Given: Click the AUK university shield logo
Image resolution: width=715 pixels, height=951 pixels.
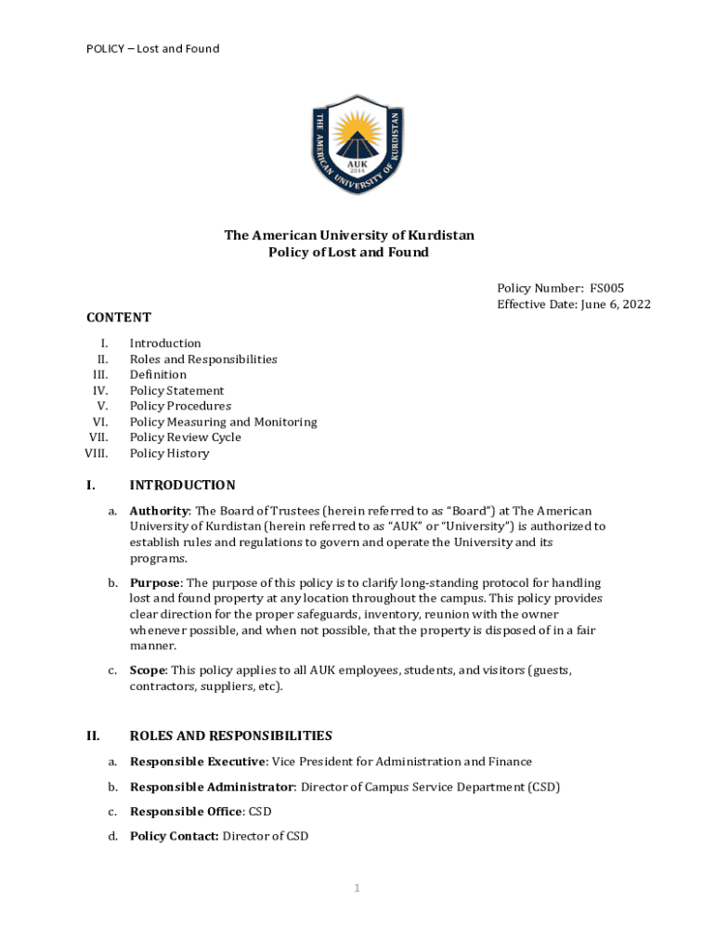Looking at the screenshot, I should [357, 144].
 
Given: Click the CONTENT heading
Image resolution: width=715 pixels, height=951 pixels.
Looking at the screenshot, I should [119, 318].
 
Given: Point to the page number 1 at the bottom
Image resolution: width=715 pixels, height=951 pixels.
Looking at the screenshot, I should [356, 889].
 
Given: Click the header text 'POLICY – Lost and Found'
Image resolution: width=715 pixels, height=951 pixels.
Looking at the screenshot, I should [152, 48].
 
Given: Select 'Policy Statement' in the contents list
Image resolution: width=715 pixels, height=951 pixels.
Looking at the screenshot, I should [176, 391].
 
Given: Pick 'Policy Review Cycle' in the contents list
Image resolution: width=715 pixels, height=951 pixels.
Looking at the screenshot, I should [185, 437].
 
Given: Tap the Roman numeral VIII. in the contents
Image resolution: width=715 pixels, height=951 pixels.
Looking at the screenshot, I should [96, 453].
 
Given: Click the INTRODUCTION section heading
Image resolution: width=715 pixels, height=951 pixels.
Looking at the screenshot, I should [182, 485].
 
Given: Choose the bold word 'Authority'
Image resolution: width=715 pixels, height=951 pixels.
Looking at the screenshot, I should [159, 511].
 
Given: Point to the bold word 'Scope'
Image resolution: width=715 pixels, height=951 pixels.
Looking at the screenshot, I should [148, 670].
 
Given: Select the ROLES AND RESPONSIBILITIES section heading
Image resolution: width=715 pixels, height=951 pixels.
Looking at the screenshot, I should [230, 736].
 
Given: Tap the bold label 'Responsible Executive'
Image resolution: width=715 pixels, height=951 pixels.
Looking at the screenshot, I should [198, 762].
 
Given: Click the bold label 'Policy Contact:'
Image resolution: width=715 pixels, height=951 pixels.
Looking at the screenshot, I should [175, 836].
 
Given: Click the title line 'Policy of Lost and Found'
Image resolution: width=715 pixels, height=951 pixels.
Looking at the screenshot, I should [348, 252].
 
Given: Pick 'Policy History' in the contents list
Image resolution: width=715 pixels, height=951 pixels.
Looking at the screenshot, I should [169, 453].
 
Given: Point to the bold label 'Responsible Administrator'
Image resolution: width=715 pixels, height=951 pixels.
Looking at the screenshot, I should [212, 787].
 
